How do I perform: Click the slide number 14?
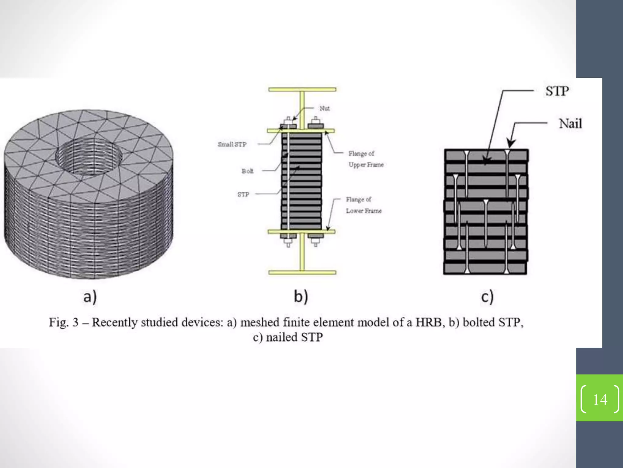pyautogui.click(x=600, y=399)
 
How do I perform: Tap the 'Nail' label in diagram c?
pyautogui.click(x=570, y=124)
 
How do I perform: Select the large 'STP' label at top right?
pyautogui.click(x=557, y=91)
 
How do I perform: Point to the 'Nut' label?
pyautogui.click(x=324, y=108)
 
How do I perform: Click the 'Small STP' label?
pyautogui.click(x=232, y=144)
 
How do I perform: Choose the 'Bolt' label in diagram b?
pyautogui.click(x=247, y=171)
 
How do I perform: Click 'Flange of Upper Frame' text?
pyautogui.click(x=366, y=159)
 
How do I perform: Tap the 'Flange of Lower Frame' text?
pyautogui.click(x=363, y=205)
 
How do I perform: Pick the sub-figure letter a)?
pyautogui.click(x=90, y=296)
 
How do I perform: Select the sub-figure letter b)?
pyautogui.click(x=301, y=296)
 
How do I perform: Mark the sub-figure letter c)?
pyautogui.click(x=487, y=296)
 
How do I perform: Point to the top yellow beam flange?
pyautogui.click(x=302, y=90)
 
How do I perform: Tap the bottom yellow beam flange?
pyautogui.click(x=302, y=272)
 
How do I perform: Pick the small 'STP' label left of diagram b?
pyautogui.click(x=243, y=194)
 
